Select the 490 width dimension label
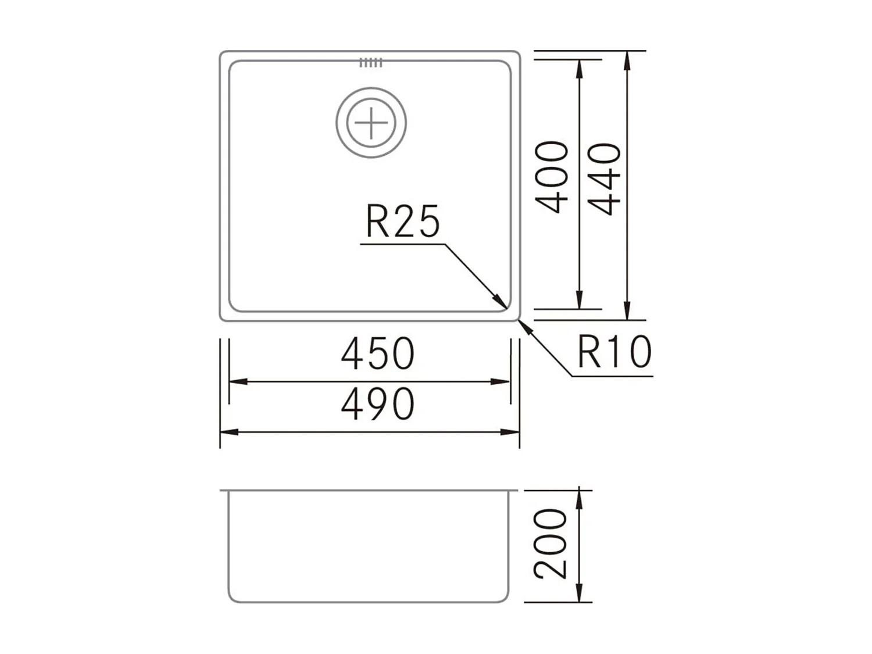point(377,404)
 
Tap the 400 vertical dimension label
point(552,177)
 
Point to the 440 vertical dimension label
point(605,179)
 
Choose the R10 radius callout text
point(614,352)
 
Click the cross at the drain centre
point(371,123)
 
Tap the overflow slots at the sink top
point(371,63)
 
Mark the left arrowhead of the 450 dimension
point(236,382)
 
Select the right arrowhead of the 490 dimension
point(512,432)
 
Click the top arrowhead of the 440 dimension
point(627,58)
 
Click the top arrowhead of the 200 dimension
point(579,496)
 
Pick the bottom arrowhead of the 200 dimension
point(579,595)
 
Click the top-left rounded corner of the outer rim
point(223,54)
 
